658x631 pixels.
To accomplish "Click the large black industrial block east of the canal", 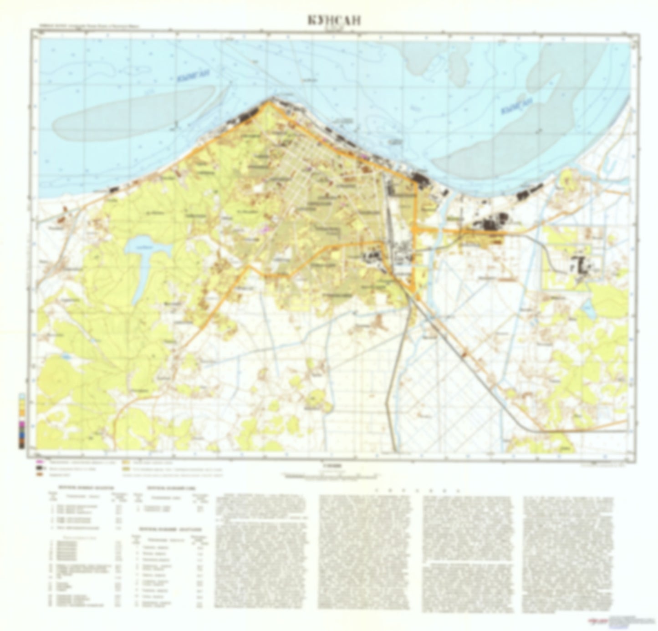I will pos(490,224).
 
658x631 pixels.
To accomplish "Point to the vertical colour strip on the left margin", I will pos(22,421).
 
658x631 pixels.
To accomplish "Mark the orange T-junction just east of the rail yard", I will pos(416,229).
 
